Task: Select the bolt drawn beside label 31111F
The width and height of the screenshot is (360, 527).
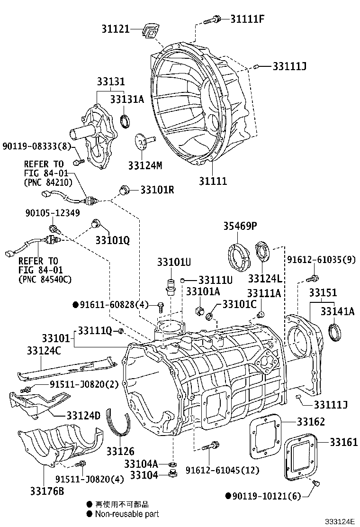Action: pyautogui.click(x=213, y=20)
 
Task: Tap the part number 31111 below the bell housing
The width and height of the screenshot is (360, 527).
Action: pyautogui.click(x=212, y=181)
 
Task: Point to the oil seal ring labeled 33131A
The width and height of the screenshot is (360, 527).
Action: pyautogui.click(x=126, y=121)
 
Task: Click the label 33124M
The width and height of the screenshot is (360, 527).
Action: pyautogui.click(x=145, y=165)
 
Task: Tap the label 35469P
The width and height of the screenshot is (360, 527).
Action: pyautogui.click(x=240, y=227)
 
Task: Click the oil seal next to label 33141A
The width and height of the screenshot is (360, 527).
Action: pyautogui.click(x=335, y=332)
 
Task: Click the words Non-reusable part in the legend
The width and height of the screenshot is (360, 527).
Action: pyautogui.click(x=127, y=514)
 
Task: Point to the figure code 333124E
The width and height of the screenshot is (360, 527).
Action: pyautogui.click(x=339, y=522)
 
